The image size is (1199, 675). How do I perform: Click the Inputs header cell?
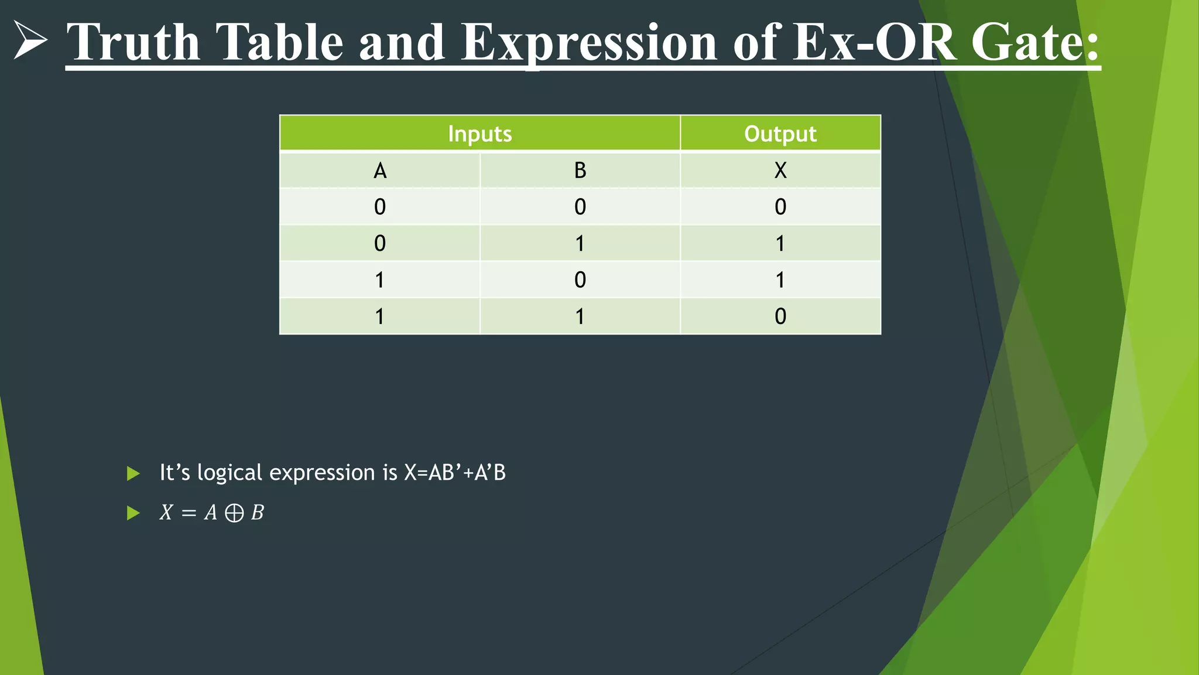479,134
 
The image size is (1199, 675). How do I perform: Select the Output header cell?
780,134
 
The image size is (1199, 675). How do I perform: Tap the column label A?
380,171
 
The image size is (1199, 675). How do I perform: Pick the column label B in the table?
580,171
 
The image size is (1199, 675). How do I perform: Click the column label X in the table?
780,171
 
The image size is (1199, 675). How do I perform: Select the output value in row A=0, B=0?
780,207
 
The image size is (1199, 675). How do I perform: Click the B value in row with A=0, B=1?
580,243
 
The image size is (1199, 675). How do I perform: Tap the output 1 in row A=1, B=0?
780,280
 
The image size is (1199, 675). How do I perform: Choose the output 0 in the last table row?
780,316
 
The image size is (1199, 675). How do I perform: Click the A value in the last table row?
380,316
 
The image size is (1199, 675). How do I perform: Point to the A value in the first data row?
380,207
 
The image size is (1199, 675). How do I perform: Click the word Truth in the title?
133,42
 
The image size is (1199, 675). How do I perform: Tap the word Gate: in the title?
1035,42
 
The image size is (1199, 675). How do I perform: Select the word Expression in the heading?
589,42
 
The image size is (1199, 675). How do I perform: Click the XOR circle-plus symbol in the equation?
234,513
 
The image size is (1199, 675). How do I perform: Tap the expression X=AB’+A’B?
454,472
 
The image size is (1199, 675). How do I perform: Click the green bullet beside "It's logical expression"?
133,473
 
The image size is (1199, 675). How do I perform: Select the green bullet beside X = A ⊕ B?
133,513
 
